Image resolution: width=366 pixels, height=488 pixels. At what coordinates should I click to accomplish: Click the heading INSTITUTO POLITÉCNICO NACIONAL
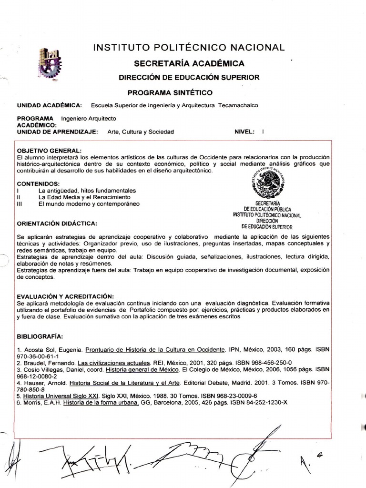click(x=189, y=47)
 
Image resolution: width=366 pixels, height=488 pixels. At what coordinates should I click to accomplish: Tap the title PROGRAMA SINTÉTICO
click(x=170, y=92)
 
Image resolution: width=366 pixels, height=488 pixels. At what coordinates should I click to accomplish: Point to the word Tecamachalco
click(x=238, y=105)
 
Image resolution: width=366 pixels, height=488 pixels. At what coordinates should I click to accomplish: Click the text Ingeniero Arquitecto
click(x=89, y=118)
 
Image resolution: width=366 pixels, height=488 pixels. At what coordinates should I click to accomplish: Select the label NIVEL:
click(x=245, y=132)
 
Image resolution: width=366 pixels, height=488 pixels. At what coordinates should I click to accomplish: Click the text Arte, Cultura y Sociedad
click(x=141, y=132)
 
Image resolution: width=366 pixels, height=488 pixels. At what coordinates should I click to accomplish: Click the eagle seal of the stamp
click(x=270, y=183)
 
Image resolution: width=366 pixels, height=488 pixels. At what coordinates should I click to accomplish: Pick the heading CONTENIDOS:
click(x=38, y=183)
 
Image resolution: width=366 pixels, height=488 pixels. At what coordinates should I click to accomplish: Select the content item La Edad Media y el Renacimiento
click(x=84, y=197)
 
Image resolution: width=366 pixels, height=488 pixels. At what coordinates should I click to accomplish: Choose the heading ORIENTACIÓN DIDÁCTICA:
click(x=57, y=223)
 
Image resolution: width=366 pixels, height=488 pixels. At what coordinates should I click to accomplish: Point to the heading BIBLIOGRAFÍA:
click(x=40, y=335)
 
